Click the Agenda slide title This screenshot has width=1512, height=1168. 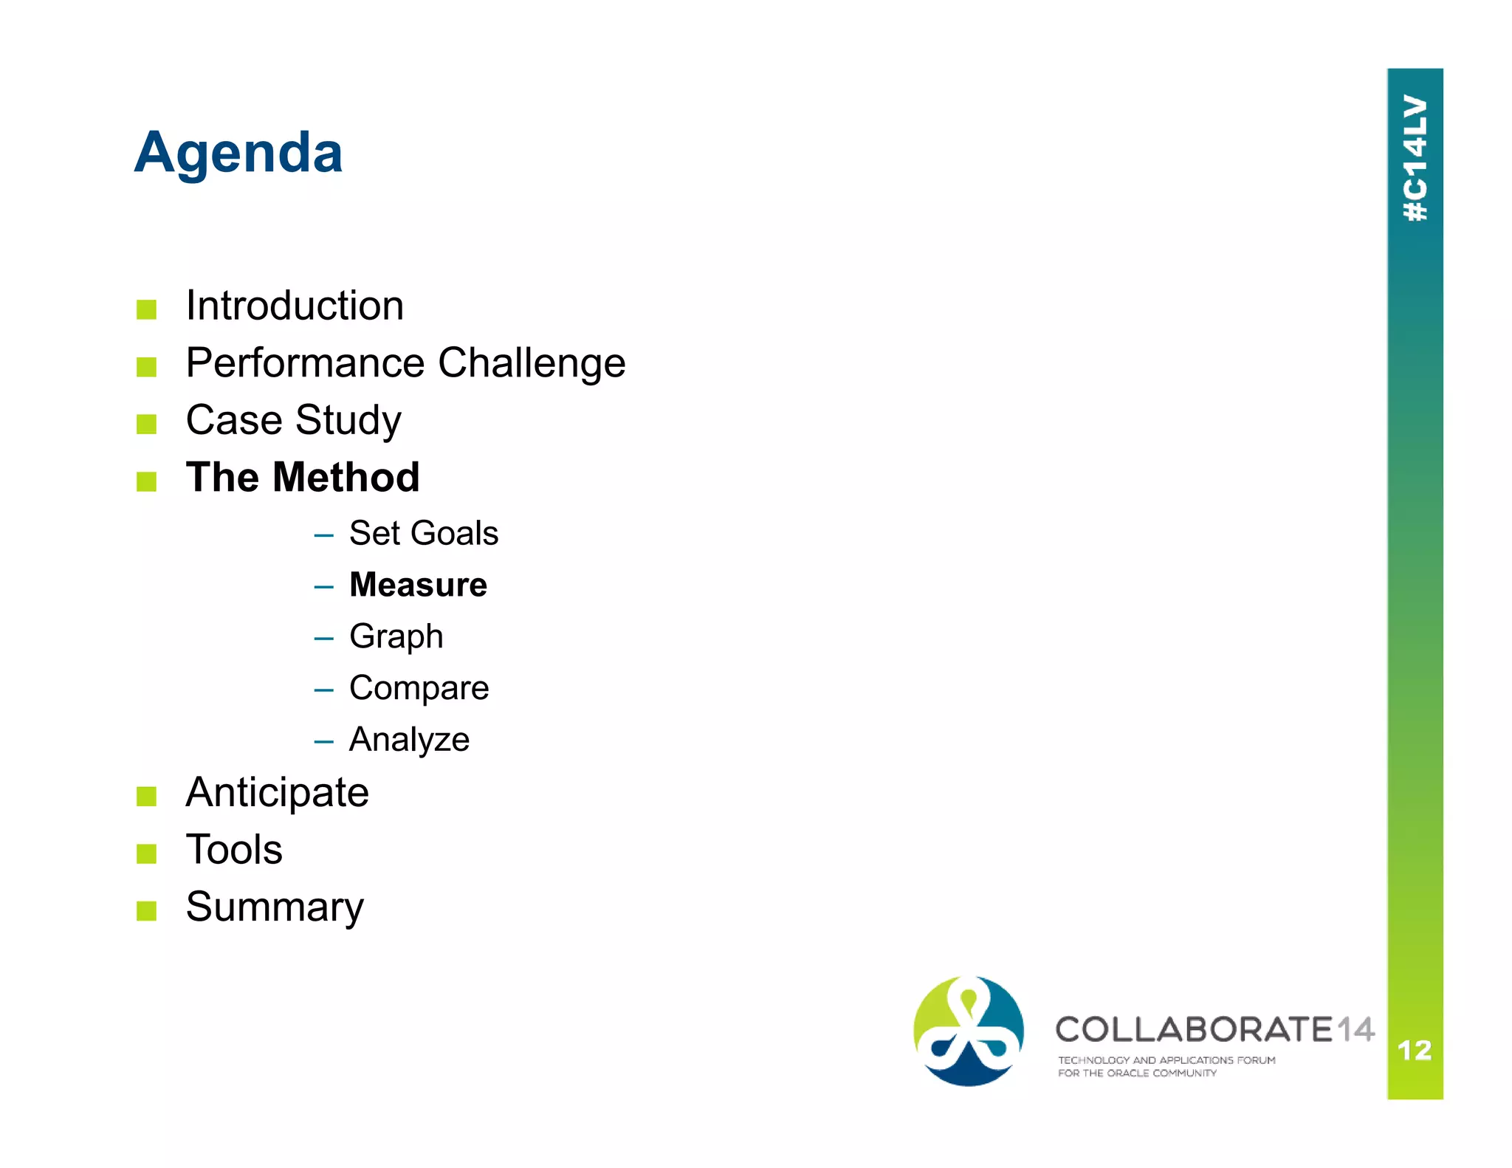tap(238, 153)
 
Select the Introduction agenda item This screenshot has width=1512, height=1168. tap(295, 306)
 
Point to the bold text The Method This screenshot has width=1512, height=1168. tap(303, 477)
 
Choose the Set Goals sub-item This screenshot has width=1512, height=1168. tap(423, 533)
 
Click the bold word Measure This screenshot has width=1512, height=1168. tap(418, 585)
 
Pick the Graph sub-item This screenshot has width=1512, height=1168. tap(396, 636)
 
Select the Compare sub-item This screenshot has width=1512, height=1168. tap(419, 688)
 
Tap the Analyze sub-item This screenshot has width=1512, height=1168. tap(409, 740)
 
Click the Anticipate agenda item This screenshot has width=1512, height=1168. tap(277, 793)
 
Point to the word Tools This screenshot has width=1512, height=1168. tap(234, 850)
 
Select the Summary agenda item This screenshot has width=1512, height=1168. tap(275, 907)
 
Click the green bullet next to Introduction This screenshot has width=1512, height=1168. tap(146, 309)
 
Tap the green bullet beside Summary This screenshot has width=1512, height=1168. tap(146, 911)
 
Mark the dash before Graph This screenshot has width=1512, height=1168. tap(323, 639)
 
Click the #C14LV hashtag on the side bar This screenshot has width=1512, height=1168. tap(1415, 158)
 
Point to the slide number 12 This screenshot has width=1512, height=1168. tap(1415, 1051)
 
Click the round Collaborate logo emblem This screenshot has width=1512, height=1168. tap(969, 1031)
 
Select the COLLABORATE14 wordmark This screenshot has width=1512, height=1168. tap(1214, 1030)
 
